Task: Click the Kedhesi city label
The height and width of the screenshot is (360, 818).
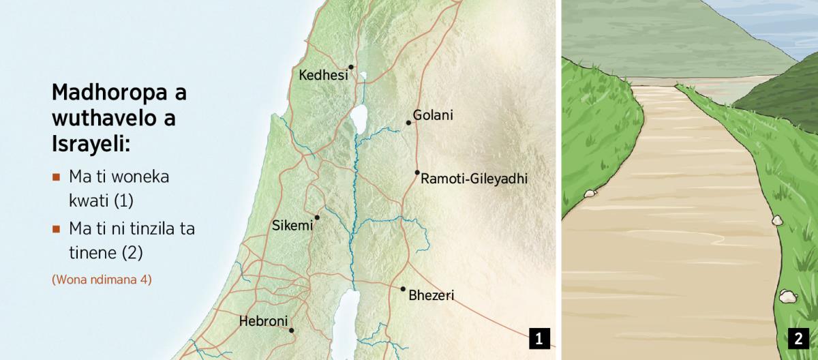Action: coord(323,75)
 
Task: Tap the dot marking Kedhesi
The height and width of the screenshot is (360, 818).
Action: coord(351,67)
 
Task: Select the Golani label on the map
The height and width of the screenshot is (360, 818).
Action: coord(433,115)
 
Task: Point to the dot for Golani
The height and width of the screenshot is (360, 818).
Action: coord(408,123)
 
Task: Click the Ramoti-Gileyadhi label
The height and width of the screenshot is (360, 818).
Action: coord(474,179)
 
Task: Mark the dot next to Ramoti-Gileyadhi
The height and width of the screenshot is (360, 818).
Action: coord(417,172)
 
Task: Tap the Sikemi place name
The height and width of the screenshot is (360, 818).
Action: coord(292,226)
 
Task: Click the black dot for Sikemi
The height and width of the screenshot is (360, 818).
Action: coord(317,217)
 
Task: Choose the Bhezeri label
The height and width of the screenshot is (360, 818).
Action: coord(431,296)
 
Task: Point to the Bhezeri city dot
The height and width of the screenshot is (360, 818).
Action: coord(403,289)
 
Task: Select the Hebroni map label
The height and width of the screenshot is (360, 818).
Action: coord(264,321)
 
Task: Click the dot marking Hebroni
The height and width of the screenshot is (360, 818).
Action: coord(292,331)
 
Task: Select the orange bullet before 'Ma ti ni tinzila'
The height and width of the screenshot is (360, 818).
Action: coord(56,229)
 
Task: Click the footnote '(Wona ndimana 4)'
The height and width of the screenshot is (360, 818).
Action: coord(102,280)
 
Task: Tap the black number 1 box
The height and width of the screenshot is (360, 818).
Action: coord(539,338)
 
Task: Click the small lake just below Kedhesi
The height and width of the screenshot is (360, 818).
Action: coord(364,76)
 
